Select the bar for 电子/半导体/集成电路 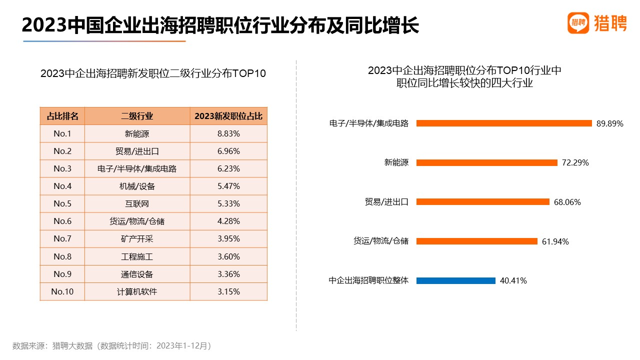pyautogui.click(x=504, y=123)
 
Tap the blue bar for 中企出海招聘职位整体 pyautogui.click(x=455, y=280)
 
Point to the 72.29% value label pyautogui.click(x=575, y=162)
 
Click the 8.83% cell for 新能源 pyautogui.click(x=228, y=133)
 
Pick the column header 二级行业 pyautogui.click(x=137, y=116)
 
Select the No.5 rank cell pyautogui.click(x=62, y=203)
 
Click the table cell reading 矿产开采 pyautogui.click(x=137, y=238)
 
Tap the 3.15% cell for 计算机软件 pyautogui.click(x=228, y=291)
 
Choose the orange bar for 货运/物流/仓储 pyautogui.click(x=476, y=241)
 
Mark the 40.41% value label pyautogui.click(x=513, y=280)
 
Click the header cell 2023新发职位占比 pyautogui.click(x=228, y=116)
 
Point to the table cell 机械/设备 pyautogui.click(x=137, y=186)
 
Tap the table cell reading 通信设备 pyautogui.click(x=137, y=274)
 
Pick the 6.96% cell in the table pyautogui.click(x=228, y=151)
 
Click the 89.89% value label pyautogui.click(x=609, y=123)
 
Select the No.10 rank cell pyautogui.click(x=62, y=291)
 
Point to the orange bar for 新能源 pyautogui.click(x=486, y=162)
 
